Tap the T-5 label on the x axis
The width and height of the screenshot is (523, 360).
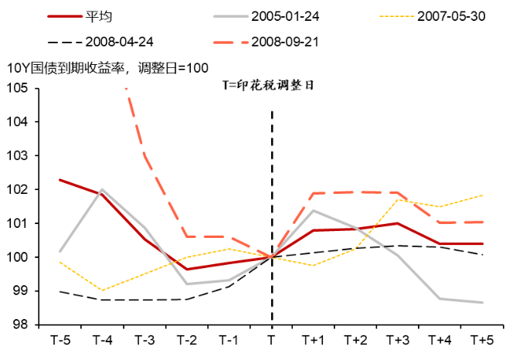60,340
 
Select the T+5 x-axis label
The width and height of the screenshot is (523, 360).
482,340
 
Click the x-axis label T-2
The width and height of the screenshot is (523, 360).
187,340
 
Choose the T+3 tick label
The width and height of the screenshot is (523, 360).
398,340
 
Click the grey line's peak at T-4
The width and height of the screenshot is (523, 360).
102,189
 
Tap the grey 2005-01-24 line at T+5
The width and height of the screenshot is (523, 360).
482,302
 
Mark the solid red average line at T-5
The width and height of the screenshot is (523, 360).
60,179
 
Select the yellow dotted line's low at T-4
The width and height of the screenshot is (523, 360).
102,290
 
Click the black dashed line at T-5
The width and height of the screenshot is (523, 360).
60,291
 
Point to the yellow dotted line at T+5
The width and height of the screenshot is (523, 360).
482,195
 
